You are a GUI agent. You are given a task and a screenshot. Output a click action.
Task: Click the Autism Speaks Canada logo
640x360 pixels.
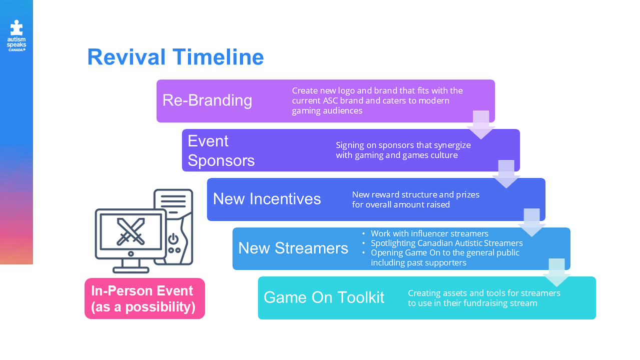(17, 36)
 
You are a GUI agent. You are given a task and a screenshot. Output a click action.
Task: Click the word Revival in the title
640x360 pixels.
(126, 57)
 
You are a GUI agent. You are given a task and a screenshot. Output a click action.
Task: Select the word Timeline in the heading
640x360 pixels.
(218, 57)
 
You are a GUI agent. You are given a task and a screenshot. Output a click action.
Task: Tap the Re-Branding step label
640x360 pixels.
(207, 100)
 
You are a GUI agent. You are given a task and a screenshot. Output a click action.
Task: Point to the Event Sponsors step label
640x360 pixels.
(221, 151)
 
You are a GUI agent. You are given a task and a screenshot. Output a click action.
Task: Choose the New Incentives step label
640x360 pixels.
(267, 199)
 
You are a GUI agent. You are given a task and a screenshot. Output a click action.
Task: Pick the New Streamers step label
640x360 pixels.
(293, 248)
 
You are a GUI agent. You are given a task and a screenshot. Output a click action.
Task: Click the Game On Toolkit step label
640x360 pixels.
(324, 297)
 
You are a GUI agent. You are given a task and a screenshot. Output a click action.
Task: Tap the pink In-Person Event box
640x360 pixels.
(145, 298)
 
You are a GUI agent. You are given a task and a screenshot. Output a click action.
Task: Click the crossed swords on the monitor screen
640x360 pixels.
(131, 232)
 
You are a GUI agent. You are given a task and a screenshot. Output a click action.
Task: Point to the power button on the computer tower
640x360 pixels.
(173, 239)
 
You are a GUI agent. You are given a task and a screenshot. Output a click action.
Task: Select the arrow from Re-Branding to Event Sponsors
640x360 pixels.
(481, 125)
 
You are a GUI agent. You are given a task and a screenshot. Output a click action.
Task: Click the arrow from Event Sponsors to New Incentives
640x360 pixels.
(506, 174)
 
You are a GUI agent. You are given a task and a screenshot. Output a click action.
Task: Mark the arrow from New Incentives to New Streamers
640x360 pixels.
(531, 223)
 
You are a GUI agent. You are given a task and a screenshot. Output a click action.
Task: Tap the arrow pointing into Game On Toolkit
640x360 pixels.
(556, 272)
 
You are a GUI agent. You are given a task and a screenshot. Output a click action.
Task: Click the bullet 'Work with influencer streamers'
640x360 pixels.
(429, 234)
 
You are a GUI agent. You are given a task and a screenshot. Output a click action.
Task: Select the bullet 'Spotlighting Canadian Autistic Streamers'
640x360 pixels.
(447, 243)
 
